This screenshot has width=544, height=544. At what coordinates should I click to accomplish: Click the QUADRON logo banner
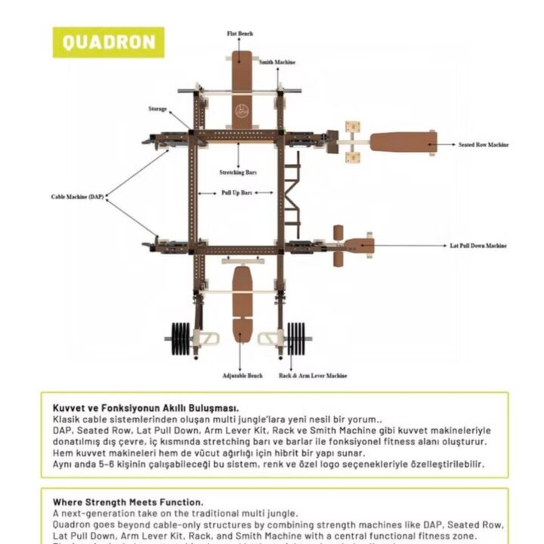pos(108,42)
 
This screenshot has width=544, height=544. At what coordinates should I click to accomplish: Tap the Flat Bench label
pos(240,34)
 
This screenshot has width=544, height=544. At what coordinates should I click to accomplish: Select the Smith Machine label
pos(277,62)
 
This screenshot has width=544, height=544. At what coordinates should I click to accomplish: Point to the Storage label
pos(157,109)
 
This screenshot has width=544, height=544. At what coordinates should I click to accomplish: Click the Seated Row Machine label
pos(483,144)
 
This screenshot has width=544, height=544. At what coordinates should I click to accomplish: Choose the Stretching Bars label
pos(237,172)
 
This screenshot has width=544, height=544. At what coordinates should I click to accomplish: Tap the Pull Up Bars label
pos(236,193)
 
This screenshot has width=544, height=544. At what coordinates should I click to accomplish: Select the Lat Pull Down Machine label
pos(478,246)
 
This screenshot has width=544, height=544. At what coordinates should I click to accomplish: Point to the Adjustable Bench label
pos(242,376)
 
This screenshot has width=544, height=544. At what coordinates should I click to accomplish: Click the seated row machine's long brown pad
pos(402,141)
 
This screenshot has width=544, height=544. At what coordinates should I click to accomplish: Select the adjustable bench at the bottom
pos(242,302)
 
